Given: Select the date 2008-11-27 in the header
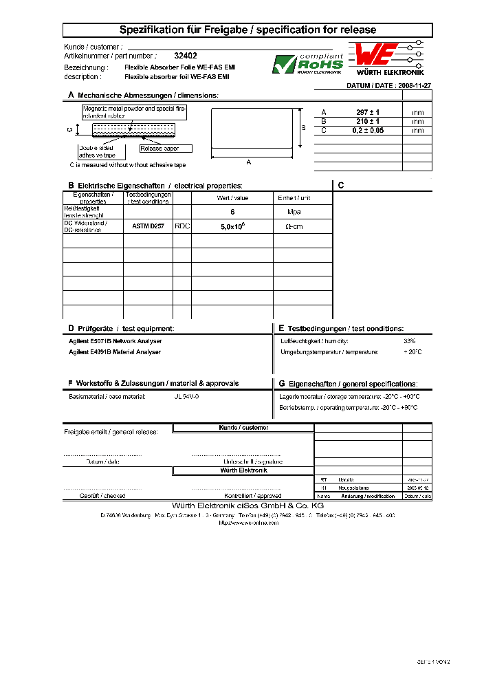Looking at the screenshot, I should [412, 86].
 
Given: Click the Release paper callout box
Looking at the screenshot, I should [165, 149].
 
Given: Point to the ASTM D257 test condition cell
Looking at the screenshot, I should [148, 226].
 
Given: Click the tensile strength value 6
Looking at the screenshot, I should [232, 213].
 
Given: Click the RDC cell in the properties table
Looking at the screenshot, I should [182, 226].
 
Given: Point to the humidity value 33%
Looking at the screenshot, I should [410, 341].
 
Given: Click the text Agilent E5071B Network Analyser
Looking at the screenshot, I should [115, 341].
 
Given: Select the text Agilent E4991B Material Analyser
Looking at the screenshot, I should [115, 352].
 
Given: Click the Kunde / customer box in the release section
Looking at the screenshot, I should [243, 428].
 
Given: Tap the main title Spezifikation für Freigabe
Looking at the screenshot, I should [248, 30].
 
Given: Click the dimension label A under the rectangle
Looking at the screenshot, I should [249, 162].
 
